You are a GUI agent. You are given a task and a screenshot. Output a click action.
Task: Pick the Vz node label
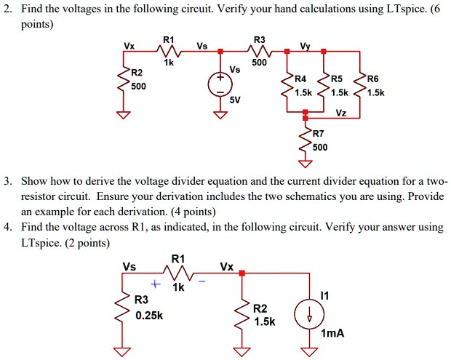pos(340,112)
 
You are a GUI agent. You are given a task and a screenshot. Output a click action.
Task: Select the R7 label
pos(319,134)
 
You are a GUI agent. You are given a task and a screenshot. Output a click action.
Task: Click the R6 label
pos(373,79)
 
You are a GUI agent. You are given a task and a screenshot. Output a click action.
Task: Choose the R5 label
pos(338,79)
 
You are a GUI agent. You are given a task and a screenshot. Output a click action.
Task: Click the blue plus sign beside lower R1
pos(154,284)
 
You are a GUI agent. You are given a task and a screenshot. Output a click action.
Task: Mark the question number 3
pos(7,180)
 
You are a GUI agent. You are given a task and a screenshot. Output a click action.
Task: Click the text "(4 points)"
pos(191,212)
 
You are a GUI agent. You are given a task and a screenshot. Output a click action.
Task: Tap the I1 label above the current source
pos(324,295)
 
